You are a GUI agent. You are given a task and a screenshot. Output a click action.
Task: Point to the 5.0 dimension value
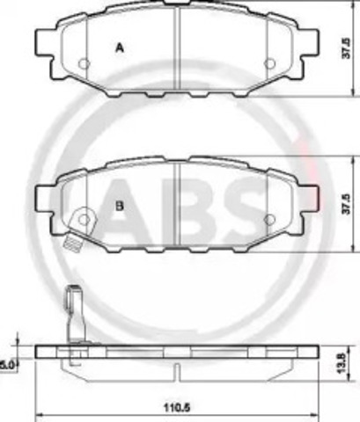point(7,360)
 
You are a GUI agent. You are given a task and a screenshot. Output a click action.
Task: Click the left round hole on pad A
point(84,63)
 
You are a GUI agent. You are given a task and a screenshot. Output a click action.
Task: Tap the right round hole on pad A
point(269,63)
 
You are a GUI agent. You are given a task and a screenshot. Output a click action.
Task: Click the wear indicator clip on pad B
point(81,220)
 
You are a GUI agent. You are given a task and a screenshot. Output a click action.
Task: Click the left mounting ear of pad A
point(44,41)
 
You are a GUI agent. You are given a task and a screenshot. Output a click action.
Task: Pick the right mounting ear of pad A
point(310,41)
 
